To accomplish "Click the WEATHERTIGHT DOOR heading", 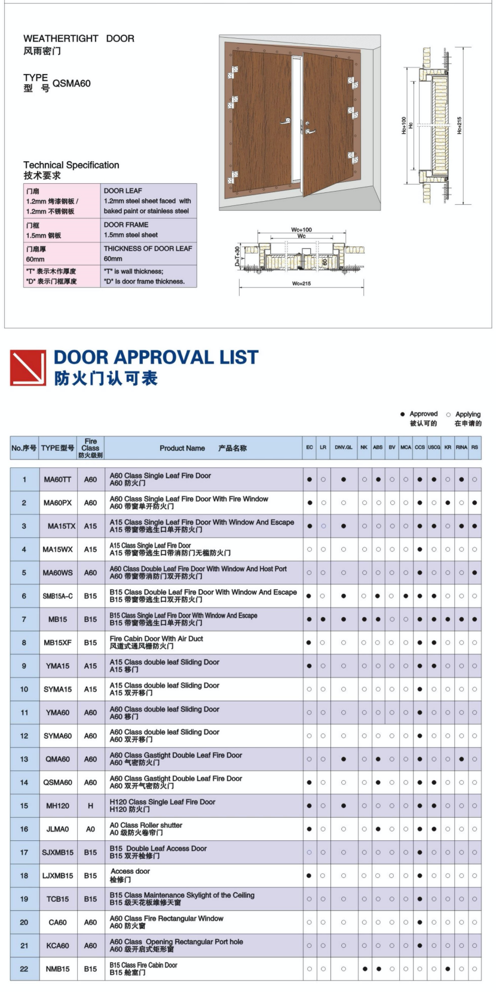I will [x=79, y=39].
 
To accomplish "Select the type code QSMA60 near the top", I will [x=72, y=84].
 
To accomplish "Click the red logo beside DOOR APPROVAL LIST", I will [x=27, y=368].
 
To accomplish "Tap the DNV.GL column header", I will [x=344, y=447].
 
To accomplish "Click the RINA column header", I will [x=461, y=447].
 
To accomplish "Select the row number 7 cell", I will [x=24, y=620].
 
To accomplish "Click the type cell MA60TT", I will [x=57, y=479].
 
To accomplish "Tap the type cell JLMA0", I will [x=57, y=829].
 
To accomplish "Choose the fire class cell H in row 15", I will [x=90, y=806].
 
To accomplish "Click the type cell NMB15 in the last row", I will [x=57, y=969].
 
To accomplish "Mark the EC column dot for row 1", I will [x=310, y=479].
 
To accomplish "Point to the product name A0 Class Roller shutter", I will [x=146, y=825].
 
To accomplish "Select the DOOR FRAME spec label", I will [x=126, y=225].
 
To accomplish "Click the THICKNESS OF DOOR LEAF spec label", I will [x=148, y=248].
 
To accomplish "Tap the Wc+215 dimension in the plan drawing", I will [x=301, y=284].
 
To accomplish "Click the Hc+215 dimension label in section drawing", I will [x=459, y=125].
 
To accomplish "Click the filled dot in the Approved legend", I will [x=403, y=414].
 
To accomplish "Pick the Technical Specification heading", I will [x=71, y=165].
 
